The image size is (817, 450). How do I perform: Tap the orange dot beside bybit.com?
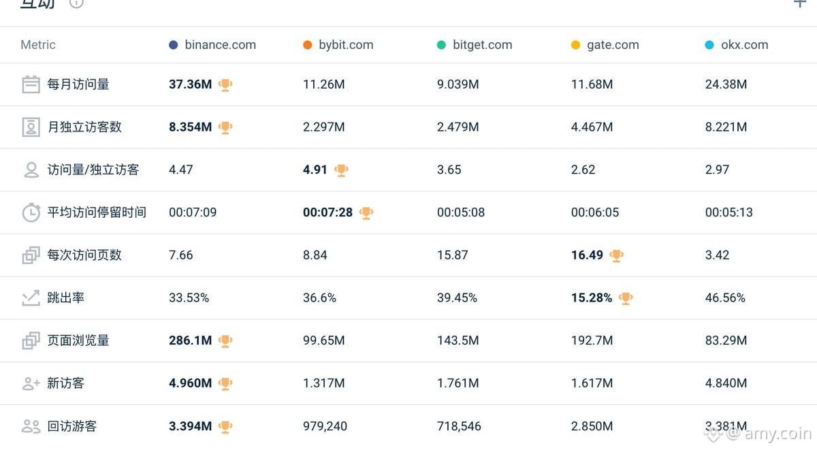coord(308,45)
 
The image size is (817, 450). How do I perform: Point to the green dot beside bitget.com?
coord(441,45)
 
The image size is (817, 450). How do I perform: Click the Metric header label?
coord(38,45)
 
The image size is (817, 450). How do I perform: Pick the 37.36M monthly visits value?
coord(191,84)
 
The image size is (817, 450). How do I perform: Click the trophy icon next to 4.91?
coord(341,170)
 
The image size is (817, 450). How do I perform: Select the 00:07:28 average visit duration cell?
coord(328,212)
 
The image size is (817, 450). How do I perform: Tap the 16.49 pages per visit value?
coord(587,255)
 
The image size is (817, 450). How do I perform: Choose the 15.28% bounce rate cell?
coord(592,298)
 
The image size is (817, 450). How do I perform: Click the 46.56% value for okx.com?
coord(725,298)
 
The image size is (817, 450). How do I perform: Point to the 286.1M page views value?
coord(191,340)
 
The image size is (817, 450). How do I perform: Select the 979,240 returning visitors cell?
coord(325,426)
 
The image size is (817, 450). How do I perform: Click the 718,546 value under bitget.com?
coord(459,426)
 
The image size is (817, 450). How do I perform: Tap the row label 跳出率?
coord(65,298)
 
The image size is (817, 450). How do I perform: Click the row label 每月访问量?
coord(78,84)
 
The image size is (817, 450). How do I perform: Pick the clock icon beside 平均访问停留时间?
coord(31,212)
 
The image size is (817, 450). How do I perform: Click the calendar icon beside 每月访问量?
coord(31,84)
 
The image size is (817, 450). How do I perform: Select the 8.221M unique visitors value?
coord(726,127)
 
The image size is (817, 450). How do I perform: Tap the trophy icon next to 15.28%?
coord(626,298)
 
